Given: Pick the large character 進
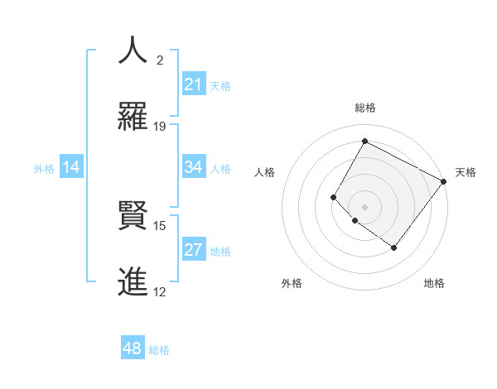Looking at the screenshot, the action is pyautogui.click(x=133, y=281).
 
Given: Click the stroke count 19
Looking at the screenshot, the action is pyautogui.click(x=160, y=126).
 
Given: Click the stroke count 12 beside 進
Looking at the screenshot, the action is pyautogui.click(x=160, y=291).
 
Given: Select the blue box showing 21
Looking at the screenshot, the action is pyautogui.click(x=193, y=84).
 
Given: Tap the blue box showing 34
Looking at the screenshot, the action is pyautogui.click(x=193, y=167).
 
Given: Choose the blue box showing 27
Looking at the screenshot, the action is pyautogui.click(x=193, y=250).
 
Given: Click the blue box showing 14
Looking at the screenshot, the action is pyautogui.click(x=71, y=167).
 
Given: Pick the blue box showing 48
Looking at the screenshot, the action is pyautogui.click(x=132, y=348).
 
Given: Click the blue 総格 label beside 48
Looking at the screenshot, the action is pyautogui.click(x=159, y=350).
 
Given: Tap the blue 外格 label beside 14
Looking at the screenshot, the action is pyautogui.click(x=44, y=169).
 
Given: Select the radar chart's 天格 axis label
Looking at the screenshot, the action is pyautogui.click(x=466, y=172).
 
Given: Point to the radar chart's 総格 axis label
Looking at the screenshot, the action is pyautogui.click(x=365, y=108).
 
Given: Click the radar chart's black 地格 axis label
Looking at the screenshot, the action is pyautogui.click(x=434, y=283).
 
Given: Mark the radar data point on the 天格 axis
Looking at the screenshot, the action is pyautogui.click(x=443, y=181).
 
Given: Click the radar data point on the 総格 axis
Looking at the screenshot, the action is pyautogui.click(x=364, y=141).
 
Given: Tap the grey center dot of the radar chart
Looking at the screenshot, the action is pyautogui.click(x=364, y=206).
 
